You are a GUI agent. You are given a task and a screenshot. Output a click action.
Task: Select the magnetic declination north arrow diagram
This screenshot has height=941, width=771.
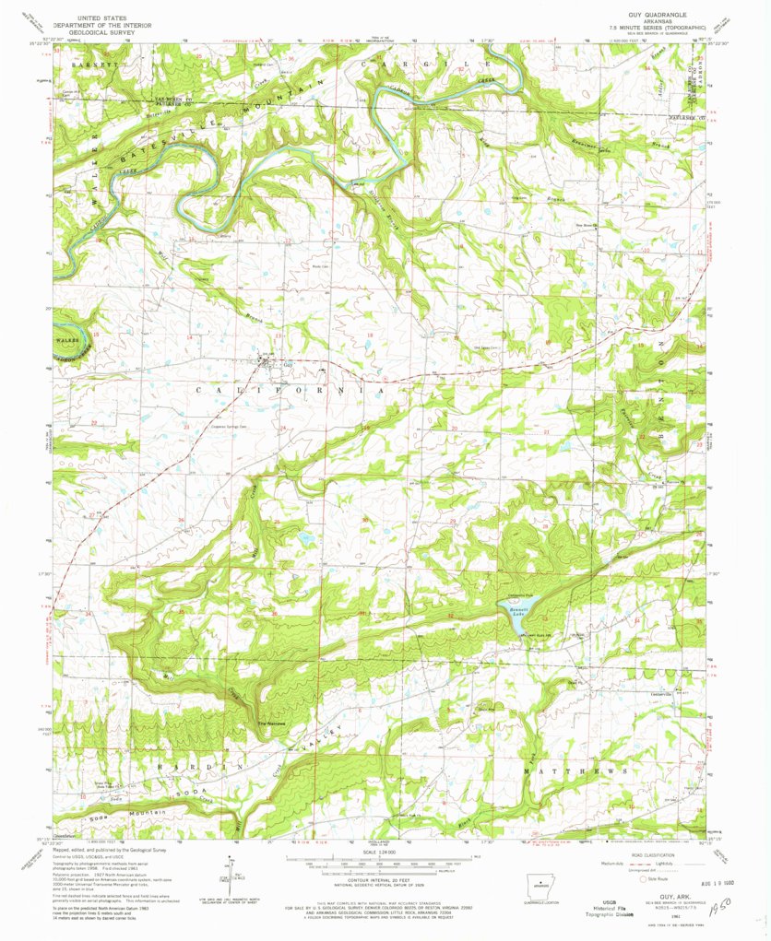click(x=230, y=872)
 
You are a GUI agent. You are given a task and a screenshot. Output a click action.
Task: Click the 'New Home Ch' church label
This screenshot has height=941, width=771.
click(x=587, y=223)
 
